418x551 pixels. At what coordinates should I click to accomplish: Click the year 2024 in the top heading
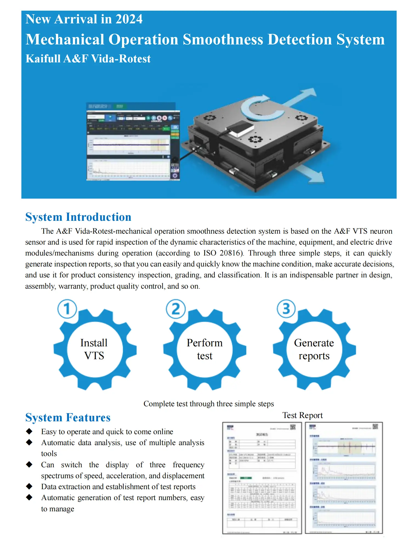pos(129,19)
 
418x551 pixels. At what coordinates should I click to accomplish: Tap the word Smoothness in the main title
pos(223,39)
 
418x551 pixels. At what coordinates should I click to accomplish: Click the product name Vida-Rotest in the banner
pos(121,59)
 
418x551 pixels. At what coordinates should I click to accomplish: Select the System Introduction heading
pos(78,217)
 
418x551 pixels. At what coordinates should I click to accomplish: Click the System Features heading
pos(68,417)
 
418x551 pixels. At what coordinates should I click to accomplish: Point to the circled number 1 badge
pos(67,309)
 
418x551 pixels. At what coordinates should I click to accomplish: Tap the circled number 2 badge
pos(176,309)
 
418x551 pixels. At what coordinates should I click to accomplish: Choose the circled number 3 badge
pos(286,309)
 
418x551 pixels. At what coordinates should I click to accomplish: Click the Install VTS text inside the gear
pos(94,349)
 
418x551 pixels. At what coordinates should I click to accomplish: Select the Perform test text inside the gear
pos(204,349)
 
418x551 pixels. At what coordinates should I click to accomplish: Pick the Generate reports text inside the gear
pos(314,349)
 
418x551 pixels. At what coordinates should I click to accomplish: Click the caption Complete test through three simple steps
pos(209,404)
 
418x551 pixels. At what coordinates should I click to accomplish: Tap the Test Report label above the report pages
pos(302,415)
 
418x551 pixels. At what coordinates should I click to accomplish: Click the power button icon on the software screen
pos(175,175)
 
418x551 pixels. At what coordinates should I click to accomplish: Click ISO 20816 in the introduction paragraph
pos(223,253)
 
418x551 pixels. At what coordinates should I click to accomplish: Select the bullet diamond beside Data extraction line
pos(29,486)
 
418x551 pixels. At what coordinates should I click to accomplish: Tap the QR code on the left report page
pos(293,427)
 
